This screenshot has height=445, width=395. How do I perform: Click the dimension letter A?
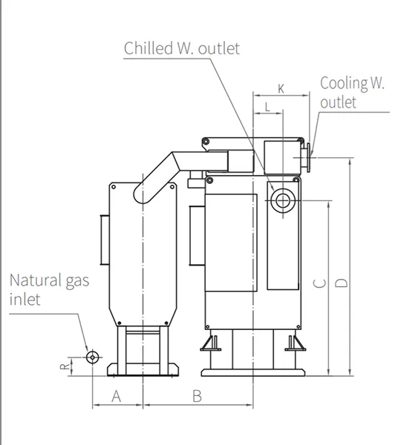coord(117,396)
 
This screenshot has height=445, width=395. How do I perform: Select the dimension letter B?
coord(197,396)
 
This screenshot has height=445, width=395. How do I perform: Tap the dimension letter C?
coord(319,283)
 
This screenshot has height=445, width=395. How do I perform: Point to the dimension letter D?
coord(342,283)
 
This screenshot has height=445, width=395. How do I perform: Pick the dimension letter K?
coord(281,89)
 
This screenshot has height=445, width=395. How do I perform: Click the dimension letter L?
coord(267,108)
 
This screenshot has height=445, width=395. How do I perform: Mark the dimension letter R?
coord(65,366)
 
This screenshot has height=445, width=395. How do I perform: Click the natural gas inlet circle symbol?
coord(92,357)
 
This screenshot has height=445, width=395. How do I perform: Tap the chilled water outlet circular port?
coord(283,201)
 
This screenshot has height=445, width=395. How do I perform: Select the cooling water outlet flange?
coord(308,157)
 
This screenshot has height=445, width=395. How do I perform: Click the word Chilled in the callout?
coord(148,48)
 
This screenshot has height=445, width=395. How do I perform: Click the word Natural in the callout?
coord(36,280)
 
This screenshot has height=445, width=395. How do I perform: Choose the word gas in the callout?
coord(77,282)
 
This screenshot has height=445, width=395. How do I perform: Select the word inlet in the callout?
coord(25,300)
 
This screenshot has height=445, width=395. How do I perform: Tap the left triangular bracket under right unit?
coord(211,343)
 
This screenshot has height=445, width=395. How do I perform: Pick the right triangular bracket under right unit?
coord(296,343)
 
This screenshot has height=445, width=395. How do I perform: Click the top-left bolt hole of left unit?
coord(114,187)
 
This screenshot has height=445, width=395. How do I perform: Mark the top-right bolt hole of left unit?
coord(172,187)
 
